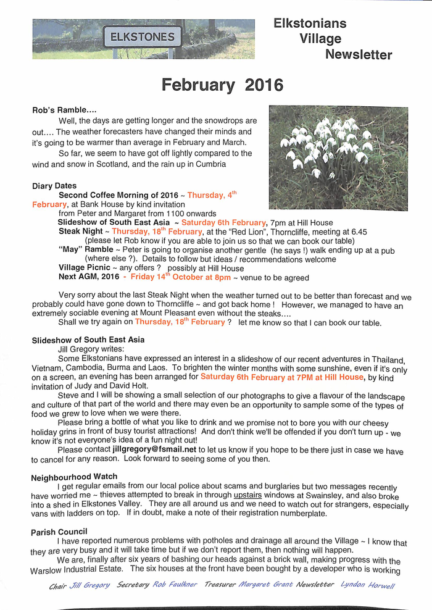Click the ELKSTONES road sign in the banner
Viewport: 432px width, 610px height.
143,37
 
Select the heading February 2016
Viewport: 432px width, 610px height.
222,85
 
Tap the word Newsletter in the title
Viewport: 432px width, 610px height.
359,55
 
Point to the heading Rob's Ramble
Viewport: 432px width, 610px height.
64,110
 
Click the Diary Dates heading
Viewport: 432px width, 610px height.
54,186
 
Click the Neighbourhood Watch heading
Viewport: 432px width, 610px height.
74,477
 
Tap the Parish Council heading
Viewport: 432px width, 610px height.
59,532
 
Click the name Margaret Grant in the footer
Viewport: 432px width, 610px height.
265,585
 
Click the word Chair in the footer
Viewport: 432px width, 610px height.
57,585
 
